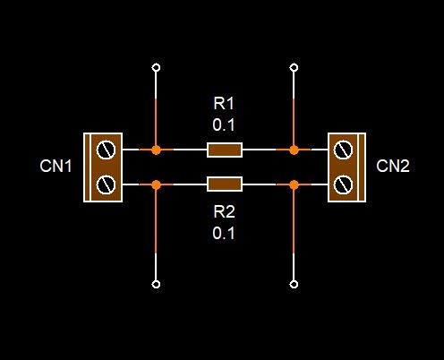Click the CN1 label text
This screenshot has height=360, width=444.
point(55,166)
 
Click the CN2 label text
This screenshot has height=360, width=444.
point(393,166)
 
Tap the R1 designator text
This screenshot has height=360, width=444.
point(224,104)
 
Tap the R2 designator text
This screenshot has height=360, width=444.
point(225,212)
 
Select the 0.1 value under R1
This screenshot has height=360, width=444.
point(224,124)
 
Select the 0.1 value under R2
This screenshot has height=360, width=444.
point(224,233)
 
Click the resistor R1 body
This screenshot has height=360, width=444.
point(225,150)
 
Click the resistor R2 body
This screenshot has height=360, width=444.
point(225,184)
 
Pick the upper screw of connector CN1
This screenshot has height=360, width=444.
point(106,150)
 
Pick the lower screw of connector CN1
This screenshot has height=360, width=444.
point(106,184)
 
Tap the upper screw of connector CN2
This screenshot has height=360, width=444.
point(343,150)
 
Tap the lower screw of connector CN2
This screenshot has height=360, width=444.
point(343,184)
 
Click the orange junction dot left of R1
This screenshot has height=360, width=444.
point(156,150)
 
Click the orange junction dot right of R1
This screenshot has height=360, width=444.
point(294,150)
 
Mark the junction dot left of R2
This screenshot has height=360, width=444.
point(156,184)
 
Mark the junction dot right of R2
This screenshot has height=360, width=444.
point(294,184)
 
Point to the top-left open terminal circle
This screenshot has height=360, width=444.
point(156,68)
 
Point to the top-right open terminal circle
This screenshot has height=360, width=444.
point(294,68)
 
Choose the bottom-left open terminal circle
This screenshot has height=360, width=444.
point(156,284)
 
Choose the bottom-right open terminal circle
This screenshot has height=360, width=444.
point(294,284)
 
